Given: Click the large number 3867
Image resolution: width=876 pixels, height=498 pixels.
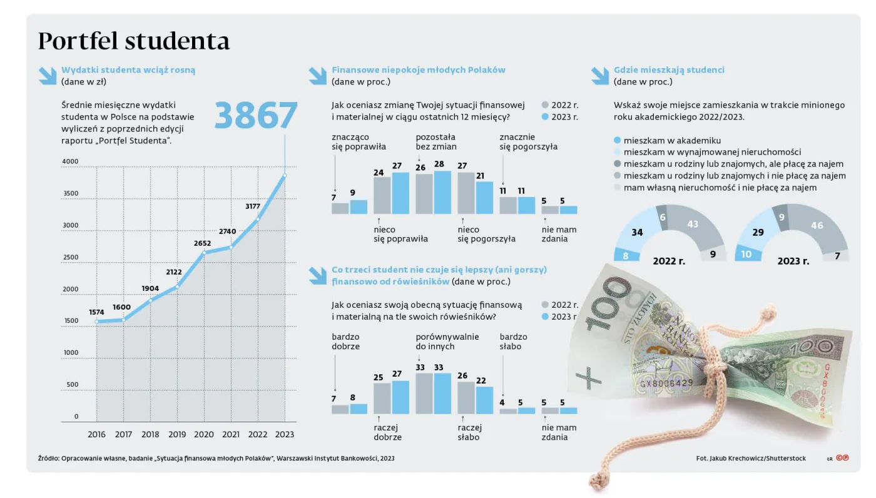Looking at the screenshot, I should tap(256, 116).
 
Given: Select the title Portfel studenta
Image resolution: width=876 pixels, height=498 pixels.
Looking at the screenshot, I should tap(134, 41).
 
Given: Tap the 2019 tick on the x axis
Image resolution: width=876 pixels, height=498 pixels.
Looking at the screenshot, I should tap(177, 434).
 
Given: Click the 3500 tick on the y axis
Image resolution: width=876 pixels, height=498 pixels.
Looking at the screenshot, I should tap(70, 193).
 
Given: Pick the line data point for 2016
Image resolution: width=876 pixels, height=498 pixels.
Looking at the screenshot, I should tap(97, 322).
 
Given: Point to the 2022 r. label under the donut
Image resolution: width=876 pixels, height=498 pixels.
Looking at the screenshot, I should tap(669, 261).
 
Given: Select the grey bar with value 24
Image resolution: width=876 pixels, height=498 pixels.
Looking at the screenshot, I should tap(382, 195).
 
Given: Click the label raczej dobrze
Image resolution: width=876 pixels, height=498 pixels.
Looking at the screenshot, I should tap(388, 432).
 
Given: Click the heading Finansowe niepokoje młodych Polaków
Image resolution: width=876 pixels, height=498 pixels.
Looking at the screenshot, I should tap(418, 70).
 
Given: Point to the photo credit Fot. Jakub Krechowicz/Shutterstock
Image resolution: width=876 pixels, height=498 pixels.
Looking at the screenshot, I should tap(750, 459).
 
